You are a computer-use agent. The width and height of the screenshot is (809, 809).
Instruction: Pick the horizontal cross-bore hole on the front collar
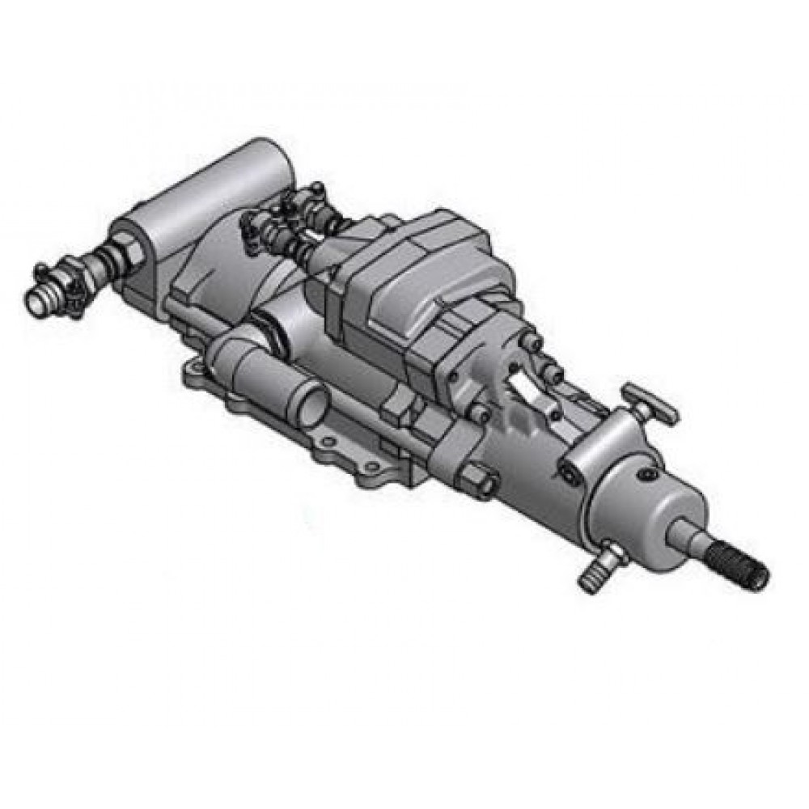click(x=577, y=471)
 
